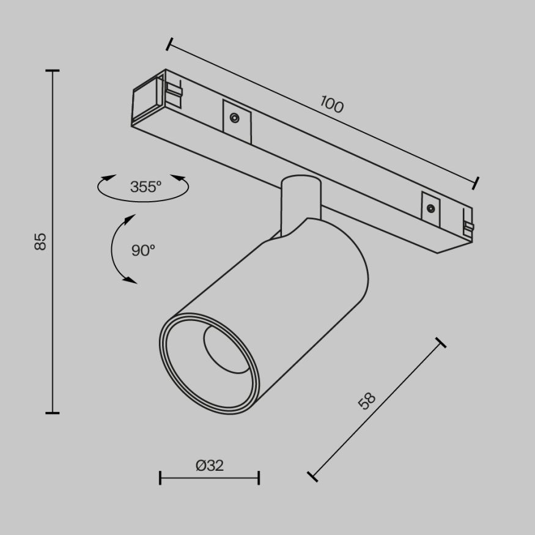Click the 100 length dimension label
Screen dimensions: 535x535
click(332, 105)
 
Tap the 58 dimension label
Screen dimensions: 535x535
click(366, 402)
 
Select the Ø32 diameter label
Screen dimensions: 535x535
click(210, 465)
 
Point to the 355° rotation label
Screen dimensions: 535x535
click(146, 187)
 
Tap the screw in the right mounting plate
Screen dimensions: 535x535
click(430, 208)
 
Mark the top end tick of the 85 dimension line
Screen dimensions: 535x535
click(53, 71)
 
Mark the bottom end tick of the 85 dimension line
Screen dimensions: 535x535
click(53, 413)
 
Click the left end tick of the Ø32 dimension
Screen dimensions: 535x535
click(160, 478)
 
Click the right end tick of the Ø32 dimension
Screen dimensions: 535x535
click(259, 478)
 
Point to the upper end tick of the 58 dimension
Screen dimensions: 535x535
click(440, 342)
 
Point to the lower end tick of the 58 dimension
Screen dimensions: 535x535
click(312, 476)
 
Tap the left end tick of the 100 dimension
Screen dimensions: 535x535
click(169, 44)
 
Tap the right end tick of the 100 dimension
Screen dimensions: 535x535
click(476, 182)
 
